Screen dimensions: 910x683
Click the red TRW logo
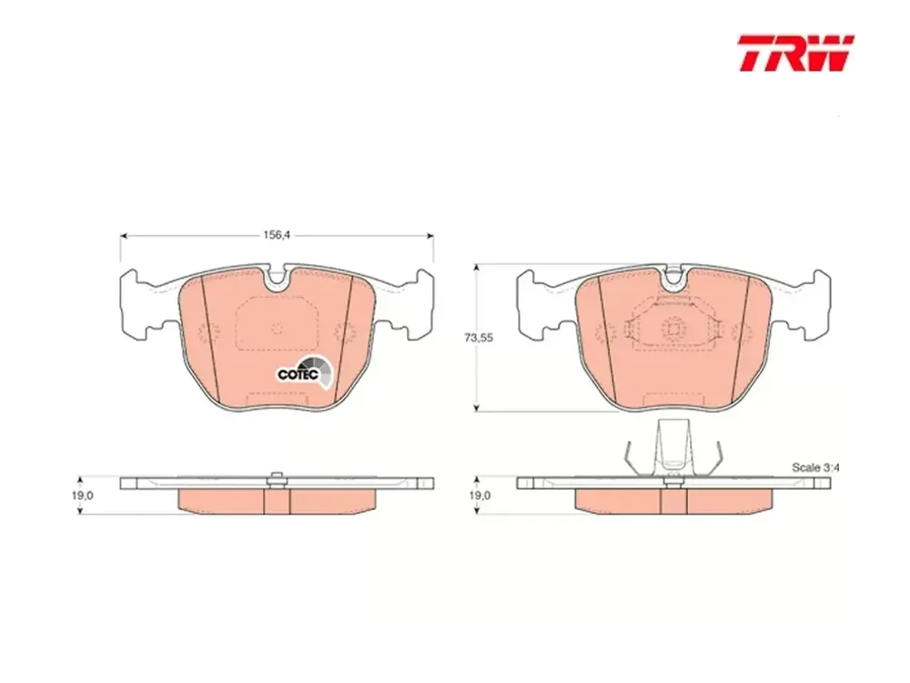(795, 53)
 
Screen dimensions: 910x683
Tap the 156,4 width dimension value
(277, 235)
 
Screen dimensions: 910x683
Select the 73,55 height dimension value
(479, 338)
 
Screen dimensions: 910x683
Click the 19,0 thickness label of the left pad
(84, 495)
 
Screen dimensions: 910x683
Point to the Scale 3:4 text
(816, 467)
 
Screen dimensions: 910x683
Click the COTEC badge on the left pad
(306, 372)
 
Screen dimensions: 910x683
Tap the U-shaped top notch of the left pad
(278, 277)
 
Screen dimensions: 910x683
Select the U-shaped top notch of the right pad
(673, 277)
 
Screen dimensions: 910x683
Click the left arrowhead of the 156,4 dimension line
(124, 235)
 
